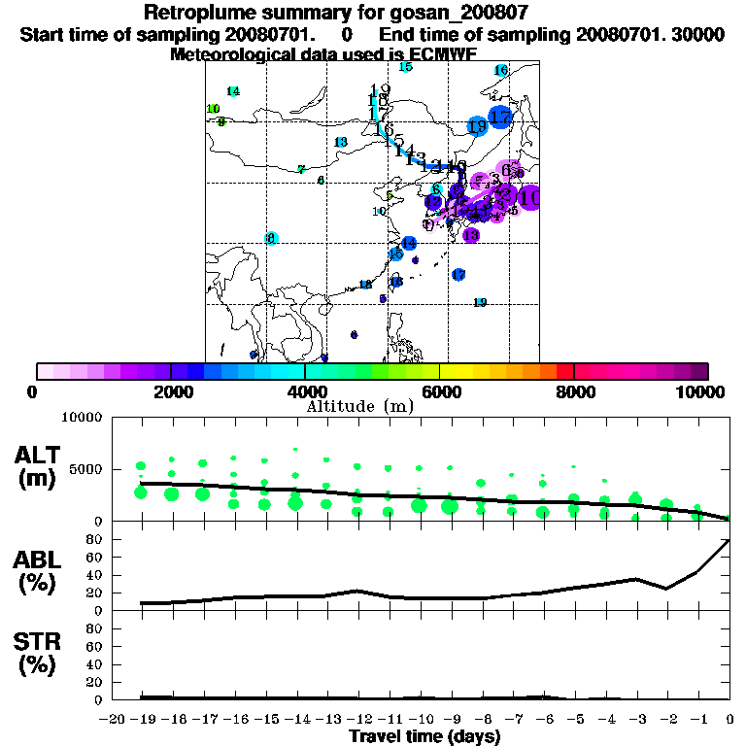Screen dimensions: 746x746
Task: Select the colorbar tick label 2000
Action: point(170,391)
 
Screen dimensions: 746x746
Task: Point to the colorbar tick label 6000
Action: point(440,391)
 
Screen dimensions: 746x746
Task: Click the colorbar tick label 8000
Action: point(574,391)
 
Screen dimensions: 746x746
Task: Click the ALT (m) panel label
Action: point(40,463)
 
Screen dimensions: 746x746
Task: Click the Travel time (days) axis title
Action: point(424,736)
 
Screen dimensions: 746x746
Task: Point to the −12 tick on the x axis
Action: point(357,719)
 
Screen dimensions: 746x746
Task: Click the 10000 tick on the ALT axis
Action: point(83,418)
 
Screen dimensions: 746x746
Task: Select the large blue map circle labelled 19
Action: point(477,126)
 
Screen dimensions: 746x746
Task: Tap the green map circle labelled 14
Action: point(232,91)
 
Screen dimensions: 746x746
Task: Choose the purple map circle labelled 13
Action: point(471,235)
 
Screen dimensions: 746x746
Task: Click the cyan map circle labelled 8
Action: point(272,238)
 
